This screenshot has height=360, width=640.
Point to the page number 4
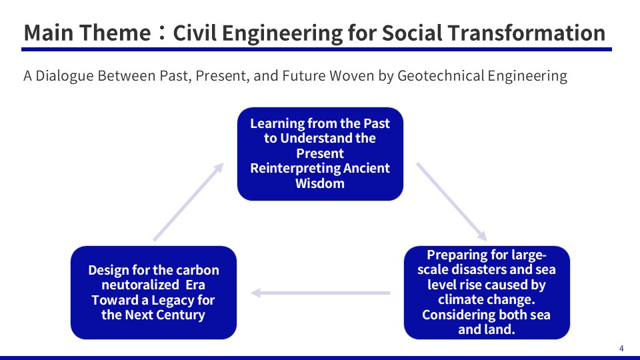pyautogui.click(x=621, y=349)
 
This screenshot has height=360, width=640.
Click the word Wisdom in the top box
pyautogui.click(x=320, y=183)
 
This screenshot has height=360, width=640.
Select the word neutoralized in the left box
pyautogui.click(x=140, y=285)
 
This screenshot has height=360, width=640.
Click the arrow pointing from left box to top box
pyautogui.click(x=189, y=201)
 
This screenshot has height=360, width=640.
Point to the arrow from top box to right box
pyautogui.click(x=451, y=201)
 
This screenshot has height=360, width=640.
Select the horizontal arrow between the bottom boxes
pyautogui.click(x=321, y=293)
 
